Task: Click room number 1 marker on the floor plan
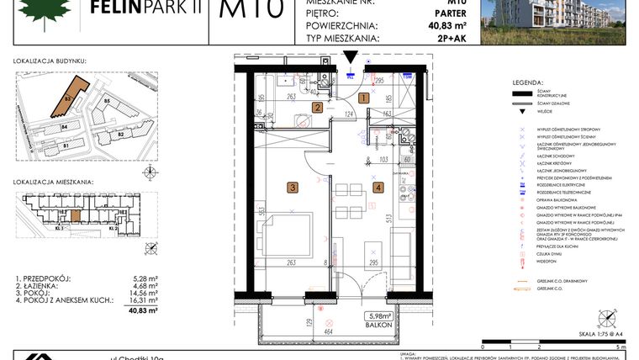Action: click(x=363, y=98)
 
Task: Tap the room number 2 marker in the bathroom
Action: click(x=318, y=107)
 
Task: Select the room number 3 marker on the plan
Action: click(x=292, y=188)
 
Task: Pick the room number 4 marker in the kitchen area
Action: click(x=378, y=188)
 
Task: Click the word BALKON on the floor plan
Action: click(x=375, y=325)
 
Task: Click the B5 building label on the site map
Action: click(x=108, y=102)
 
